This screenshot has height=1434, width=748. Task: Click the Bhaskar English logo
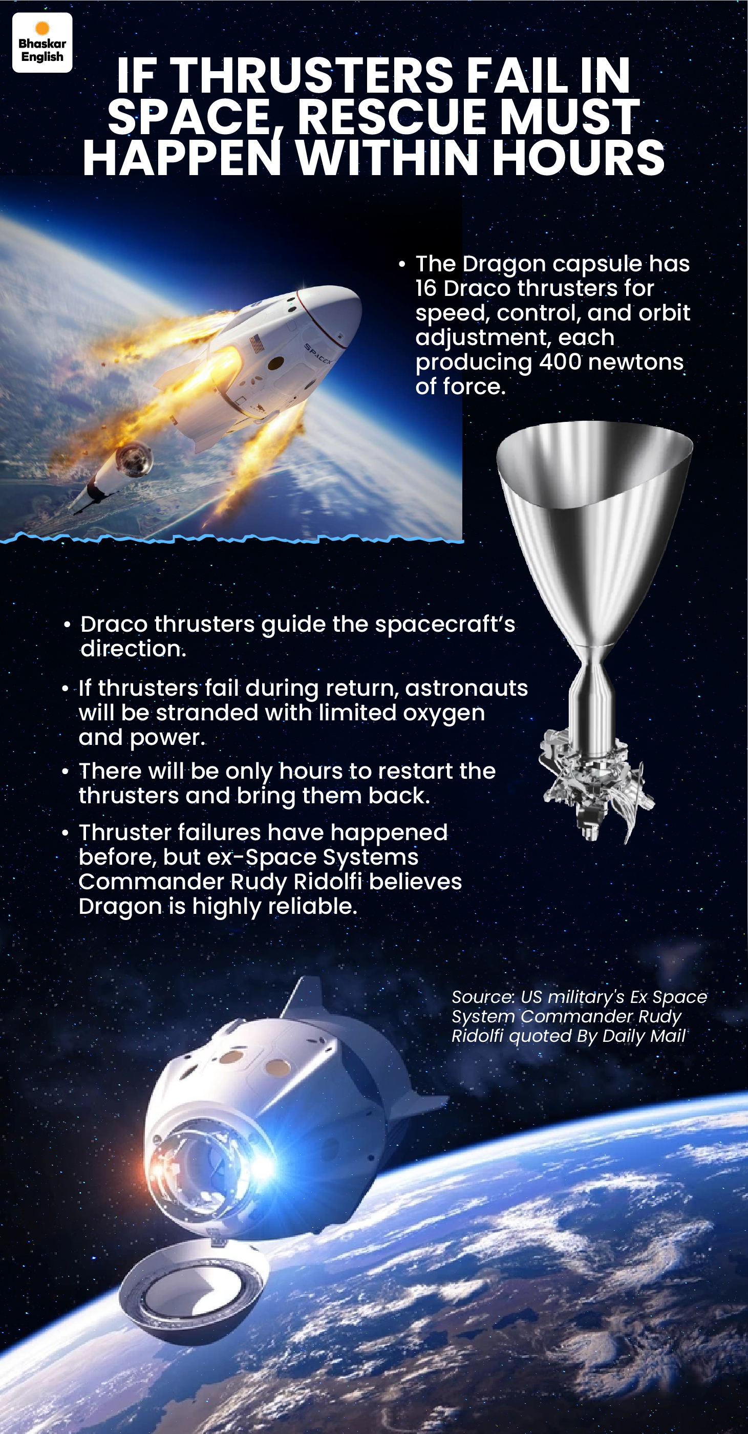click(42, 42)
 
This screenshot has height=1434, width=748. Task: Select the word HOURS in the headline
click(579, 158)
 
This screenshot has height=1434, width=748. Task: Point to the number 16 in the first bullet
click(426, 288)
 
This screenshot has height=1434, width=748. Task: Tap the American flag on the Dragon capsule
click(256, 344)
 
